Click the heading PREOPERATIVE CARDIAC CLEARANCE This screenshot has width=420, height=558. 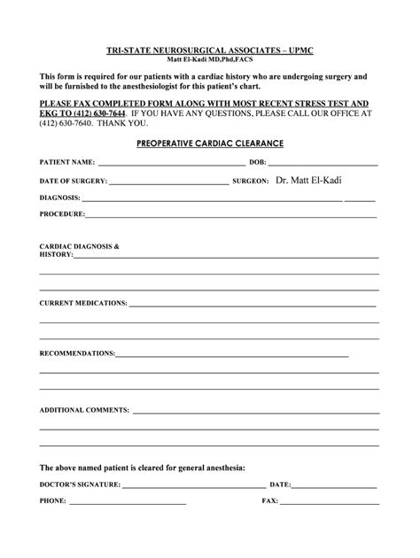tap(210, 142)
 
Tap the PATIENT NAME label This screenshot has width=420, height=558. tap(66, 164)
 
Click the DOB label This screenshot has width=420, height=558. tap(257, 164)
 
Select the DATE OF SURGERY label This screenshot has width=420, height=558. tap(73, 181)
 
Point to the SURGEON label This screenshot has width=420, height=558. tap(250, 181)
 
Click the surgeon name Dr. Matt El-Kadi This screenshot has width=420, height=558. tap(308, 180)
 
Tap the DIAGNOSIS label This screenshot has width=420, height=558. tap(59, 198)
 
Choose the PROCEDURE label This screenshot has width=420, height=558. tap(62, 214)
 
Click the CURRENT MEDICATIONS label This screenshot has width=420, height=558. tap(82, 303)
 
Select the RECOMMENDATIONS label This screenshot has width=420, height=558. tap(77, 353)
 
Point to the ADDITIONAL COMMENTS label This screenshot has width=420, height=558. tap(84, 411)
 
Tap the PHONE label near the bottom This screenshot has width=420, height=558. tap(52, 501)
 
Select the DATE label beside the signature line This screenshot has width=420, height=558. tap(279, 485)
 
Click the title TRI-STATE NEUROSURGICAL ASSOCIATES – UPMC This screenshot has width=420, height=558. tap(210, 52)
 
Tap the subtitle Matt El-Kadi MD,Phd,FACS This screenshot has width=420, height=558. tap(210, 61)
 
